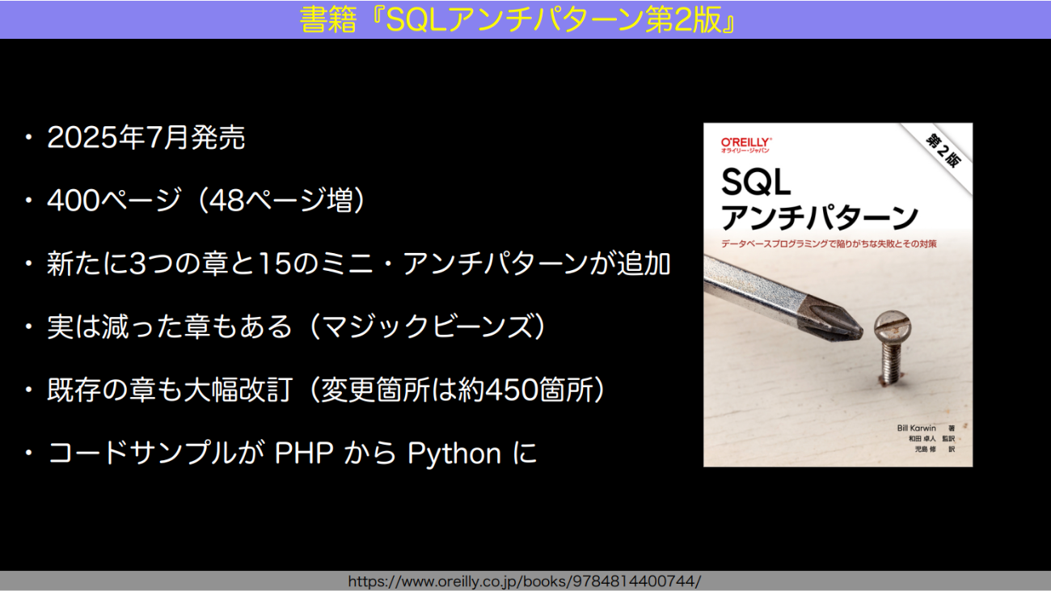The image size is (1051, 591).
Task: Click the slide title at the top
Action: [x=517, y=19]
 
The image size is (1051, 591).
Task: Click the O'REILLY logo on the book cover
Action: [x=746, y=145]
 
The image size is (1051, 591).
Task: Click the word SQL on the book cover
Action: [x=756, y=182]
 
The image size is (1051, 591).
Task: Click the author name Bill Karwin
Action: [x=916, y=428]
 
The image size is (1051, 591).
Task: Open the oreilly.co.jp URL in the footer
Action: [x=525, y=581]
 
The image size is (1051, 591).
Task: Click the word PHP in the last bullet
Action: [x=303, y=453]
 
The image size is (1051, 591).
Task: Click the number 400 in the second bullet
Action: [x=74, y=201]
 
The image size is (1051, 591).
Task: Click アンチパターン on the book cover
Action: [x=819, y=217]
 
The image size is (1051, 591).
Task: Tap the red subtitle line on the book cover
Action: [x=829, y=243]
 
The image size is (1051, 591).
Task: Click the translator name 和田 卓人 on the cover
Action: [x=922, y=438]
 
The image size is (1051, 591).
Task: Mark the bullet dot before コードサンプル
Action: [x=29, y=453]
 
